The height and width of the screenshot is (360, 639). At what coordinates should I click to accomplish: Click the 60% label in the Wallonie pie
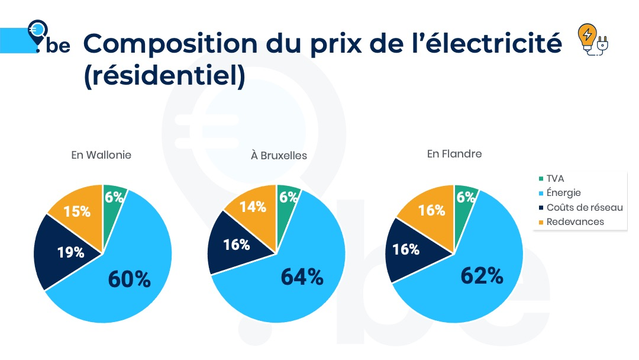tap(129, 279)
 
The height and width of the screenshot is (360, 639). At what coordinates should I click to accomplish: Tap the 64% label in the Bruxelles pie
tap(302, 277)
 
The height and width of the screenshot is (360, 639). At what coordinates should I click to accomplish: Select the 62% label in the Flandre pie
tap(482, 275)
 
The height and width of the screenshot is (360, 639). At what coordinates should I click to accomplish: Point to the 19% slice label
tap(70, 252)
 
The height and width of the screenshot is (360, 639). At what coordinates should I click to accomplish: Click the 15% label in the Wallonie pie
tap(77, 211)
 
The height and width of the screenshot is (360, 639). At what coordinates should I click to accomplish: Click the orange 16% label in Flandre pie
tap(431, 210)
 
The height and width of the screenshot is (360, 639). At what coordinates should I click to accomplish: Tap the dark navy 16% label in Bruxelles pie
tap(236, 245)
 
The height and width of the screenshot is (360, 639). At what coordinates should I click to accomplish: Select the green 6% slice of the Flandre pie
tap(465, 198)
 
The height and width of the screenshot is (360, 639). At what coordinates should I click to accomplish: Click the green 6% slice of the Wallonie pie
tap(114, 198)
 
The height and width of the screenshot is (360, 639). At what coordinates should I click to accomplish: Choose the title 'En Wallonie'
tap(101, 155)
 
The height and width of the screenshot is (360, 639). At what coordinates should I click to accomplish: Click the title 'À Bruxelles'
tap(279, 156)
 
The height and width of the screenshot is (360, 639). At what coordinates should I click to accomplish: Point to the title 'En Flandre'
tap(454, 154)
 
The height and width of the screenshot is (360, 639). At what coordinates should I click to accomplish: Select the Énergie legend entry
tap(563, 192)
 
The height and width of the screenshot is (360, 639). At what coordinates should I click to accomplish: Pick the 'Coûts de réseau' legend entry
tap(584, 207)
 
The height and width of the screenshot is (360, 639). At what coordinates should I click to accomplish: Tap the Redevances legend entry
tap(575, 221)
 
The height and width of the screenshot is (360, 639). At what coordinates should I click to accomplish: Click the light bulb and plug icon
tap(592, 40)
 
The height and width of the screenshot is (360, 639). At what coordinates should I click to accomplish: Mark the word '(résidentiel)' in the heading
tap(164, 77)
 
